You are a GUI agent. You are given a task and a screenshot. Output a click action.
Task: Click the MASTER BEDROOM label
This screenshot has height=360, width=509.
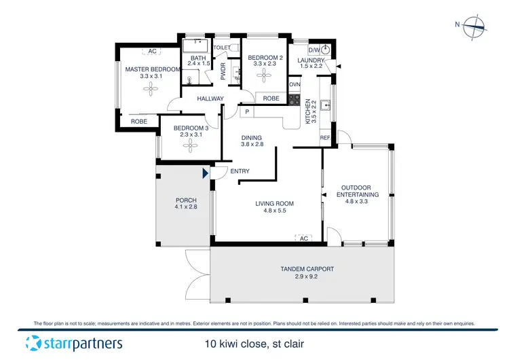coord(153,69)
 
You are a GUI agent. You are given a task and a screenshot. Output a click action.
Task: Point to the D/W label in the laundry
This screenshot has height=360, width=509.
coord(314,50)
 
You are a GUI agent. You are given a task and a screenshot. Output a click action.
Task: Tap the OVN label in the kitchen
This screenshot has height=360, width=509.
coord(295,84)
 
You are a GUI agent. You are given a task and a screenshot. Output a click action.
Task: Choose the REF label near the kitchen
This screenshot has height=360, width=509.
coord(325,138)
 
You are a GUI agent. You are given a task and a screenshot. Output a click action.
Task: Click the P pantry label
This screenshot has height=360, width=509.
coord(247,112)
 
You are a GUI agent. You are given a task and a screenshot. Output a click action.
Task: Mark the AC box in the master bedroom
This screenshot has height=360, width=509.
coord(152,52)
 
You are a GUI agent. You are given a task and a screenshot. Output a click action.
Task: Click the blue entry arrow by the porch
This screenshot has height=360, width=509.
coord(205,174)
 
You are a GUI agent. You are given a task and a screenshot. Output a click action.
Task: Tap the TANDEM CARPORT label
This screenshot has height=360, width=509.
coord(307,269)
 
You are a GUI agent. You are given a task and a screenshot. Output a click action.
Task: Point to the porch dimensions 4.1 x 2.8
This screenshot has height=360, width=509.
coord(186,208)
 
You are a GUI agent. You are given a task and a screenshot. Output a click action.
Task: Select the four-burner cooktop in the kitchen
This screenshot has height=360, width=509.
coord(295,99)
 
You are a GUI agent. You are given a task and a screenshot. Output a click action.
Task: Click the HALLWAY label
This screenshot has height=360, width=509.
coord(210,99)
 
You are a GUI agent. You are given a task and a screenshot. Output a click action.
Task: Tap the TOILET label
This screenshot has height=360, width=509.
coord(222,48)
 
